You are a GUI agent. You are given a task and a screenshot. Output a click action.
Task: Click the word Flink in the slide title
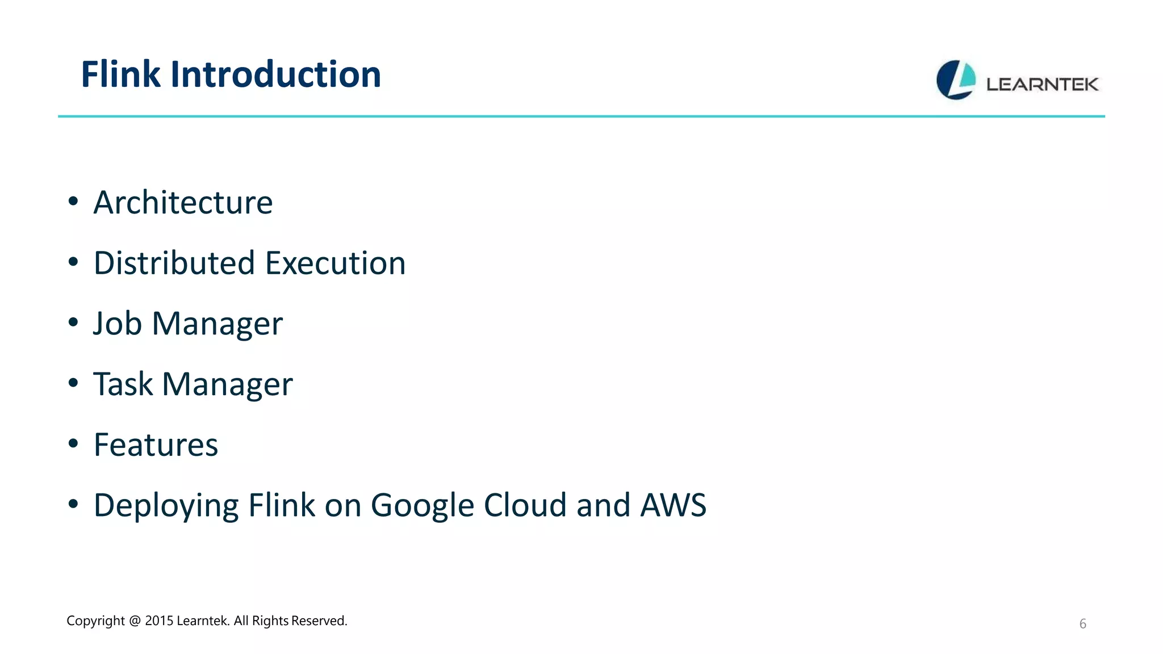tap(121, 74)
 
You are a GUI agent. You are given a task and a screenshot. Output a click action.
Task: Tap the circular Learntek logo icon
tap(956, 80)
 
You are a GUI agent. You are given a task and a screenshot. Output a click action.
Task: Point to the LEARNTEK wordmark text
tap(1042, 85)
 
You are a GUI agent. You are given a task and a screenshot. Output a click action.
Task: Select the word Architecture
tap(183, 203)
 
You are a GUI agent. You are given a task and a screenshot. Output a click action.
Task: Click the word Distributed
tap(174, 263)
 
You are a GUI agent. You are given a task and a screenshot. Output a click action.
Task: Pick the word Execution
tap(335, 263)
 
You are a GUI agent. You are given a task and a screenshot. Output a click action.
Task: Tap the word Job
tap(117, 324)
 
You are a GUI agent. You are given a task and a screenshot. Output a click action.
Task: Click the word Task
tap(123, 384)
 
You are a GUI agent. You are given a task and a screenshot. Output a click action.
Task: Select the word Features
tap(156, 445)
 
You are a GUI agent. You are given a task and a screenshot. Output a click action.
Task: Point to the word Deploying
tap(166, 506)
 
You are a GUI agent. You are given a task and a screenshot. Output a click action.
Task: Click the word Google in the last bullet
tap(422, 506)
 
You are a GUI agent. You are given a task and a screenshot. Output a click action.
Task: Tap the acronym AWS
tap(673, 505)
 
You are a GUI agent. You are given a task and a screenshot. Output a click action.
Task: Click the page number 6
tap(1082, 624)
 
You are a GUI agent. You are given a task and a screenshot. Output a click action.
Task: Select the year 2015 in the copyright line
tap(158, 621)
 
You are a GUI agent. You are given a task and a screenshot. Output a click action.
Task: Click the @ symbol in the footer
tap(135, 621)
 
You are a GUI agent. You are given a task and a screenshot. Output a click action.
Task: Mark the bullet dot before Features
tap(73, 443)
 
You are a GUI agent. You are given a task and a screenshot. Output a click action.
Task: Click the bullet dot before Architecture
tap(73, 201)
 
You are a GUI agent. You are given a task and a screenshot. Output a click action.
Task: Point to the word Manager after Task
tap(227, 384)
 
